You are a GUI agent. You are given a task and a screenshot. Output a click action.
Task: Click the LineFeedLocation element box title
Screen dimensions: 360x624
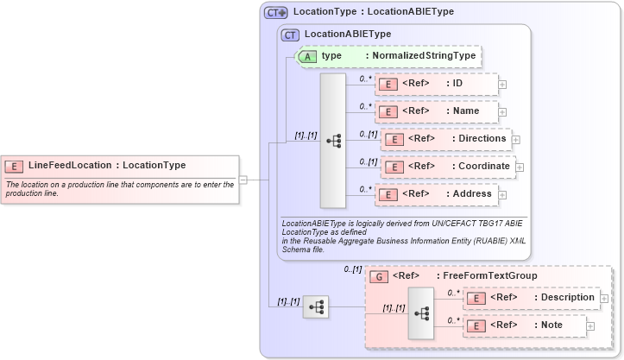coord(106,165)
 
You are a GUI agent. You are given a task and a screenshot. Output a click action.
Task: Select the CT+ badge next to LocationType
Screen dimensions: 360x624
coord(275,12)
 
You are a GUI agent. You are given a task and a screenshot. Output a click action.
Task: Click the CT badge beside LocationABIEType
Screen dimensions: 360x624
coord(291,35)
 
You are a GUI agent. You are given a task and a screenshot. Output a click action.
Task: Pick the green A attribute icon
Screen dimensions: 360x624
coord(307,56)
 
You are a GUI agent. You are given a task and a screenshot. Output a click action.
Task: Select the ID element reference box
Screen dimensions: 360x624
coord(436,84)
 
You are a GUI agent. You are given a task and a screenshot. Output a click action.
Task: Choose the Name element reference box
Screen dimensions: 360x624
coord(436,111)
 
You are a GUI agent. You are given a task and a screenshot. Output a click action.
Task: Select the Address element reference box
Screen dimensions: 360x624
coord(436,194)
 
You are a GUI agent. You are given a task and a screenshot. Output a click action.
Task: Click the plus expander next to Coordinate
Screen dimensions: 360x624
coord(520,167)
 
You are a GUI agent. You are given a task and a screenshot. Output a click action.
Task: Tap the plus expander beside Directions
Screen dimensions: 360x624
coord(516,139)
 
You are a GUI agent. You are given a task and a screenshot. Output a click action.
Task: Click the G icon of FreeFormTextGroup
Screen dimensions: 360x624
coord(377,276)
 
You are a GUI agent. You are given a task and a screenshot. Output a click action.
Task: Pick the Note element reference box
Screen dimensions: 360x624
coord(526,325)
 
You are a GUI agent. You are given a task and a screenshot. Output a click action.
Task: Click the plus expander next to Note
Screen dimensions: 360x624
coord(592,325)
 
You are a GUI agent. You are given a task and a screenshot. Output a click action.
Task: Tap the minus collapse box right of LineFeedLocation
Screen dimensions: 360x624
coord(243,180)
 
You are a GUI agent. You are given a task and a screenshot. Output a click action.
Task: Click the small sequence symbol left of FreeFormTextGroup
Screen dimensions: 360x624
coord(315,306)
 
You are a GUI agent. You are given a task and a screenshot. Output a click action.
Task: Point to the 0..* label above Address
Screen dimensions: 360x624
coord(364,187)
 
